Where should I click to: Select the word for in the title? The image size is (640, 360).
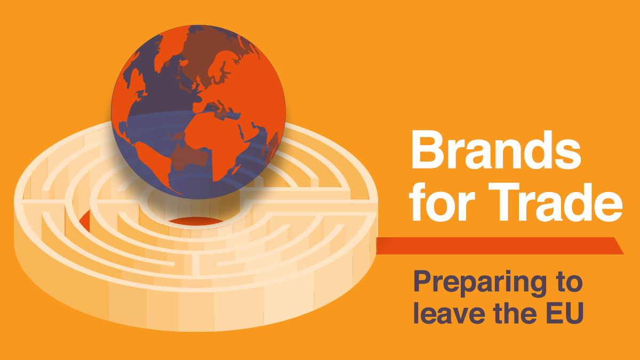click(x=442, y=202)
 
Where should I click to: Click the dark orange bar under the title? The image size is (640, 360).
click(x=500, y=246)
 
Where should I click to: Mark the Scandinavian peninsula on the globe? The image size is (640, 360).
click(x=221, y=66)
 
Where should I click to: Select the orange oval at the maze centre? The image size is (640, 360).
click(x=196, y=221)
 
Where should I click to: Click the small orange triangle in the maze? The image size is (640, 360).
click(x=85, y=221)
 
